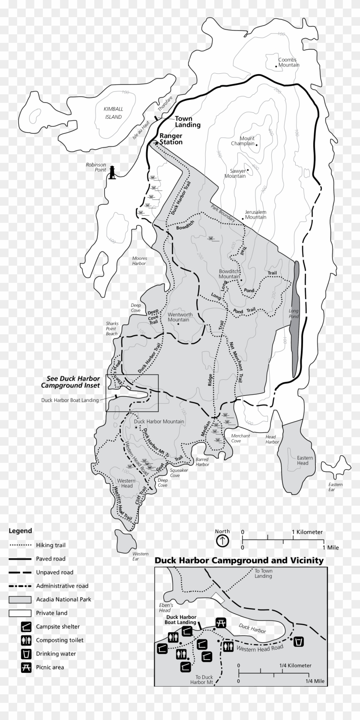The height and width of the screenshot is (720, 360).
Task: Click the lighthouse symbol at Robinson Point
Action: (113, 172)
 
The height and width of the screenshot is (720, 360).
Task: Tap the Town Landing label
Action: (188, 122)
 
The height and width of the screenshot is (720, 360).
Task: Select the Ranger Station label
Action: (171, 139)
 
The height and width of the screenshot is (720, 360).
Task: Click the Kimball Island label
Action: (113, 113)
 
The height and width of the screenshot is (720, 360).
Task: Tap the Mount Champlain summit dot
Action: (257, 144)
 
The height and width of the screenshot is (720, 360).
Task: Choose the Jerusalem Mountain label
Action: (255, 214)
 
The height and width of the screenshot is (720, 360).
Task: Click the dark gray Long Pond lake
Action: (295, 317)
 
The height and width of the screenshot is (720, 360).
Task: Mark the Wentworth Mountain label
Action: (180, 317)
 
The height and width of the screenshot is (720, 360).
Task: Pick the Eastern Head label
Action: (305, 460)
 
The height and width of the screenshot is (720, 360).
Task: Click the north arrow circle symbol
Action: (222, 541)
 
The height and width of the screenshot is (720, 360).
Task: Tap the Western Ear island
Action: (124, 541)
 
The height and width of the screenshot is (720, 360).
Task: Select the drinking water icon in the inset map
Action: (298, 642)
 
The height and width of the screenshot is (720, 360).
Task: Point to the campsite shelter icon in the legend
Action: (27, 627)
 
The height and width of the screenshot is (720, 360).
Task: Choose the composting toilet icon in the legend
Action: (27, 640)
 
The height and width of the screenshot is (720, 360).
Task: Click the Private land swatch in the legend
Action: (20, 613)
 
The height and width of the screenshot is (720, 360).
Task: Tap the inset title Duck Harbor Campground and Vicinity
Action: (239, 560)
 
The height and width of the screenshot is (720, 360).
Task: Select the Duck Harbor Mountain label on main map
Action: (159, 421)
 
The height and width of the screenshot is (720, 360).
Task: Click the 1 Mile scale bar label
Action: (330, 547)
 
